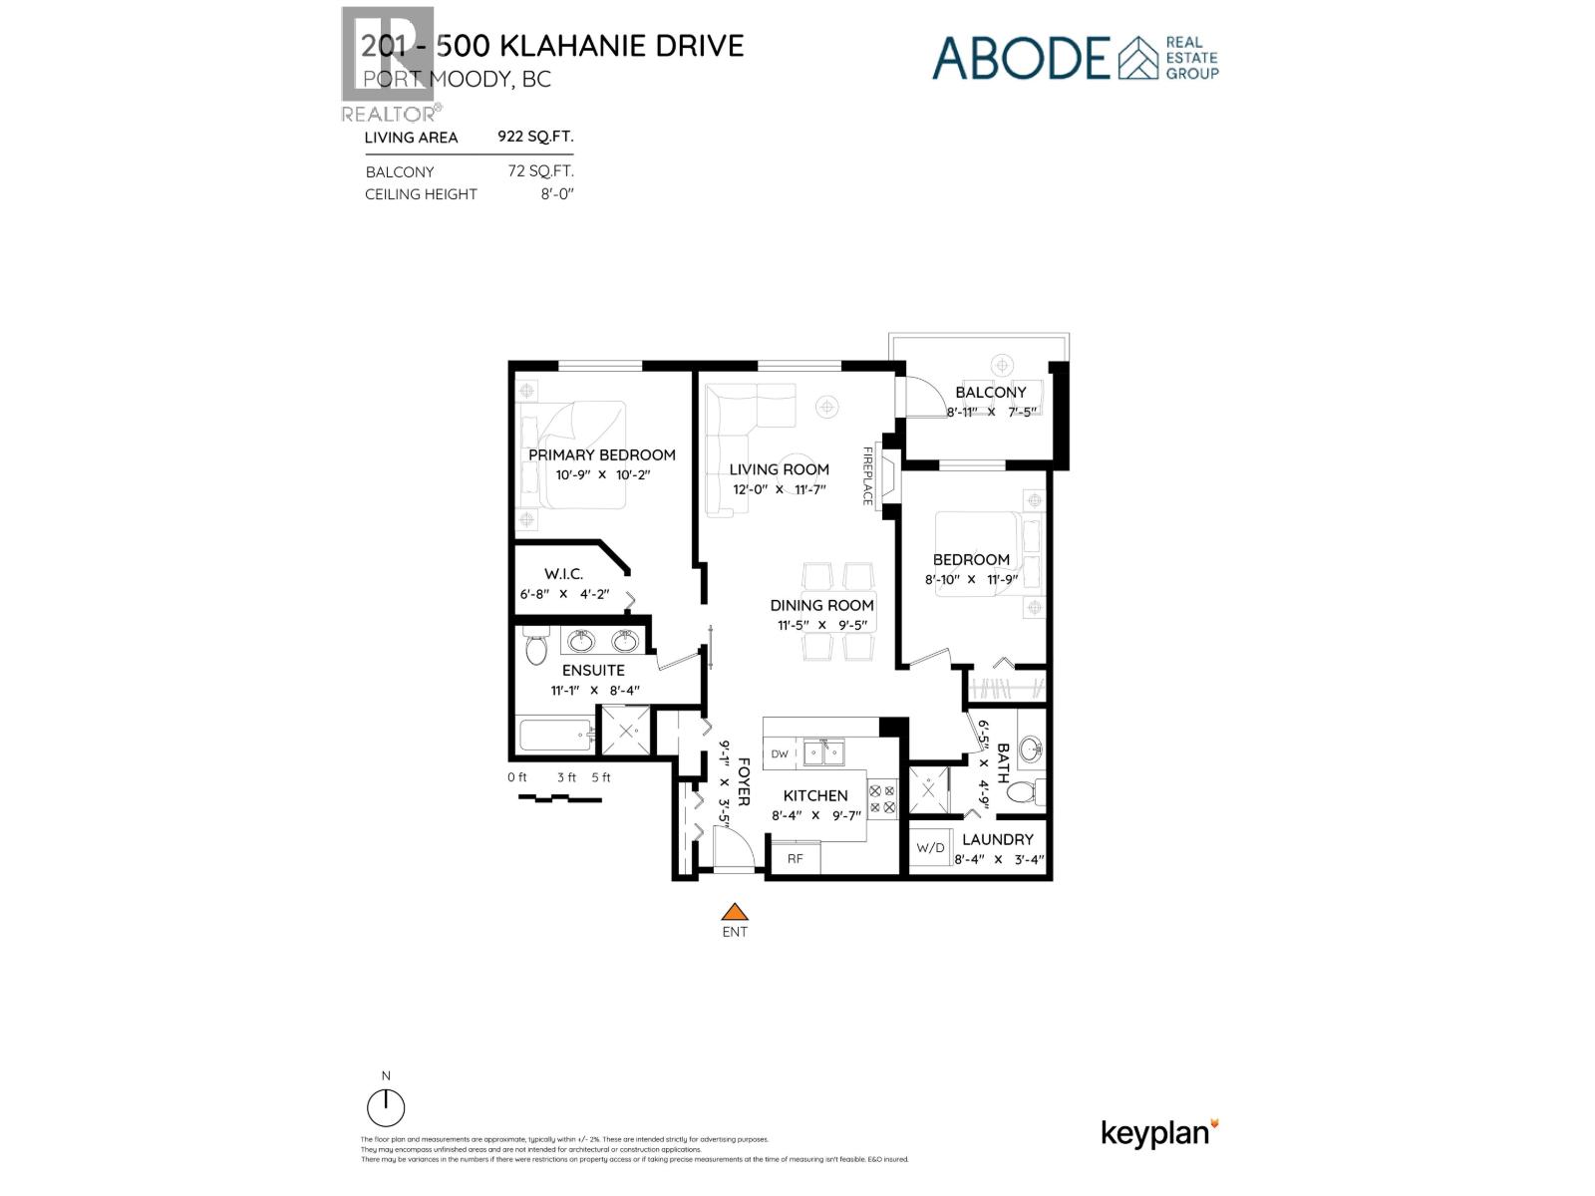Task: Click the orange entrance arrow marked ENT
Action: pos(735,912)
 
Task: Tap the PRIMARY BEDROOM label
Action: pos(602,455)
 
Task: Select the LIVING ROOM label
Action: pos(779,469)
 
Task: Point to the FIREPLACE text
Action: pos(867,475)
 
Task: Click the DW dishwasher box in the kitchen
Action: pos(780,754)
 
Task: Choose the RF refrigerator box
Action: pos(796,858)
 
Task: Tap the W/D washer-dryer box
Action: pos(930,848)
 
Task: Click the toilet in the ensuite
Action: pos(536,648)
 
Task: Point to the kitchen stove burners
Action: pos(882,798)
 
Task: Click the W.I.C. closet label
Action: pos(563,574)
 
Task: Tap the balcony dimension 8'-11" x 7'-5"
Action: pos(991,411)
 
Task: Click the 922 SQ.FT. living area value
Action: pos(535,137)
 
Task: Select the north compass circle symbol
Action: pos(386,1108)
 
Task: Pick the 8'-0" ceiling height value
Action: pos(558,194)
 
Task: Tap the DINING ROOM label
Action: pos(821,605)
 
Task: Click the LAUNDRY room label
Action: pos(997,839)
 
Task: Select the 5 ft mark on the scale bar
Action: pos(601,777)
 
